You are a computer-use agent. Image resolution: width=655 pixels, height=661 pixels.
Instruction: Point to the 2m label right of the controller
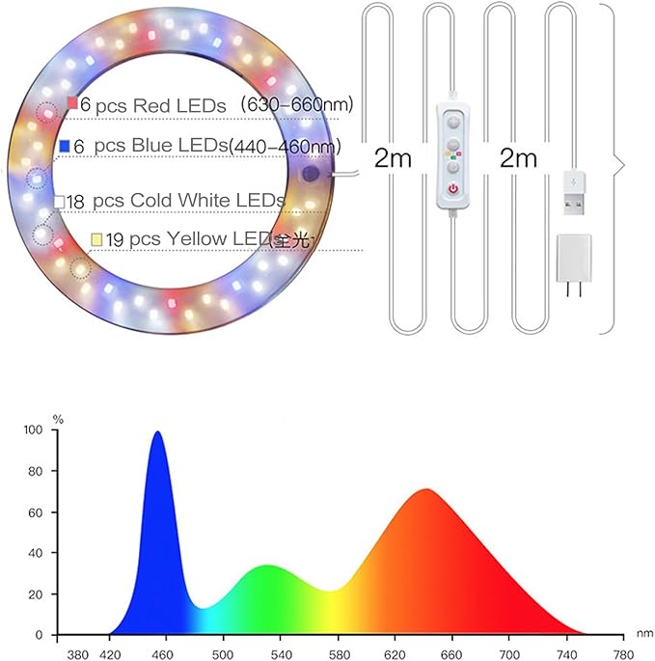coord(518,159)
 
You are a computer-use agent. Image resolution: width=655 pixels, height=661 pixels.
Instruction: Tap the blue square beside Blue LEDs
coord(64,146)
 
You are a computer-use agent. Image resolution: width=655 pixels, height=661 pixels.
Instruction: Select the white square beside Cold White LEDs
coord(60,201)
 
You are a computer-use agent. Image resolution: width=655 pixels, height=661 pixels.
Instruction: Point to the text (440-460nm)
coord(287,146)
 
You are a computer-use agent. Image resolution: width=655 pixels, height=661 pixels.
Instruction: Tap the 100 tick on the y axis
coord(36,430)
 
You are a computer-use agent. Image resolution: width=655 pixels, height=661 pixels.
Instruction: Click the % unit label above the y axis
coord(57,419)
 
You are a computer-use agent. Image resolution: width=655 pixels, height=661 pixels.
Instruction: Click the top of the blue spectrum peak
coord(157,433)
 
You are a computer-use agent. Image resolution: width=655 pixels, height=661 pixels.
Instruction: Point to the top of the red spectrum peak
coord(425,490)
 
